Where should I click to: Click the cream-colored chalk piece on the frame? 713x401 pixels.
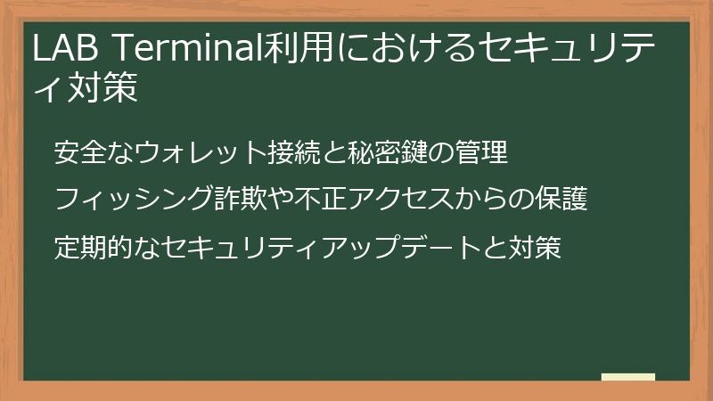coord(627,378)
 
